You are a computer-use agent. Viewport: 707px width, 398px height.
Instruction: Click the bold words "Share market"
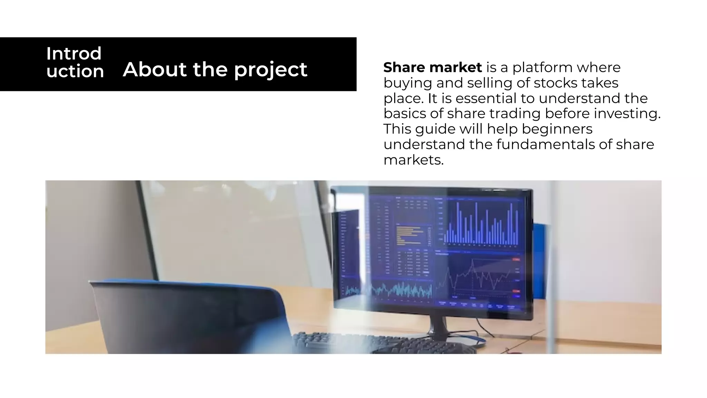tap(432, 67)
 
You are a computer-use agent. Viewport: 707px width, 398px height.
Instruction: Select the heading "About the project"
tap(215, 69)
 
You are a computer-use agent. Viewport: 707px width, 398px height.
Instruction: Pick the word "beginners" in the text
tap(557, 129)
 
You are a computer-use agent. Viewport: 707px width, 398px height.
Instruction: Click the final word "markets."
tap(413, 160)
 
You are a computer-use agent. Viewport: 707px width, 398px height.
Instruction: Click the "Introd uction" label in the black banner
tap(75, 63)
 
